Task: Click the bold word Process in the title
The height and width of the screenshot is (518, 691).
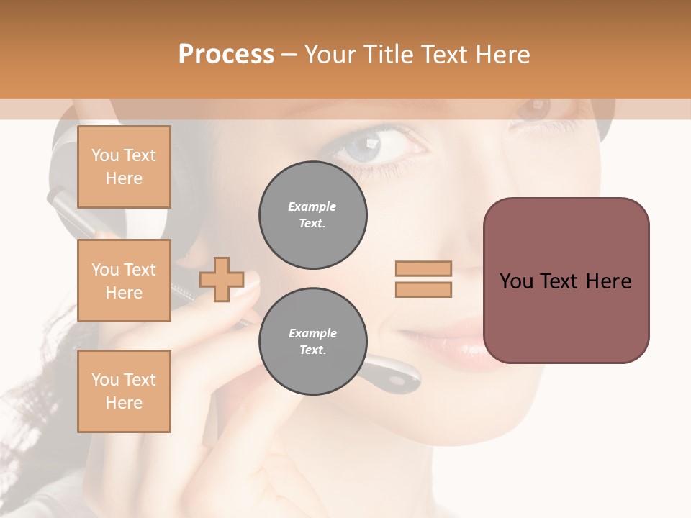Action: coord(226,54)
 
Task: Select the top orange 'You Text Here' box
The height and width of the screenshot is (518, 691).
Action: coord(124,167)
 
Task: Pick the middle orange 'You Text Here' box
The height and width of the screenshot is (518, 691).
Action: coord(124,281)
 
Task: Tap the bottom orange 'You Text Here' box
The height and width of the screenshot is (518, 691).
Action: coord(124,391)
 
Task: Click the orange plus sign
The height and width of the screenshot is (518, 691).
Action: coord(221,279)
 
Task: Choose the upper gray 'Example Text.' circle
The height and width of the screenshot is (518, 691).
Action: coord(313,215)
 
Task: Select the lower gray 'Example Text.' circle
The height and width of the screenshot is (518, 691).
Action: coord(313,342)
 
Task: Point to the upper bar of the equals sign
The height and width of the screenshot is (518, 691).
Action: coord(423,269)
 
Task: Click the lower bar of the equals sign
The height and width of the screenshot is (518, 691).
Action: coord(423,289)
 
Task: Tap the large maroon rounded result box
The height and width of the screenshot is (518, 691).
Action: coord(566,281)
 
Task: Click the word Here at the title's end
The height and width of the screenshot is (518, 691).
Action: coord(501,54)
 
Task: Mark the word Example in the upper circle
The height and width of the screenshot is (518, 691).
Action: coord(312,206)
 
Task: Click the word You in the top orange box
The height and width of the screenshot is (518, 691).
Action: coord(104,155)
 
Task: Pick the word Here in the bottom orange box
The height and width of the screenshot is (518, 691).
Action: coord(124,403)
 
